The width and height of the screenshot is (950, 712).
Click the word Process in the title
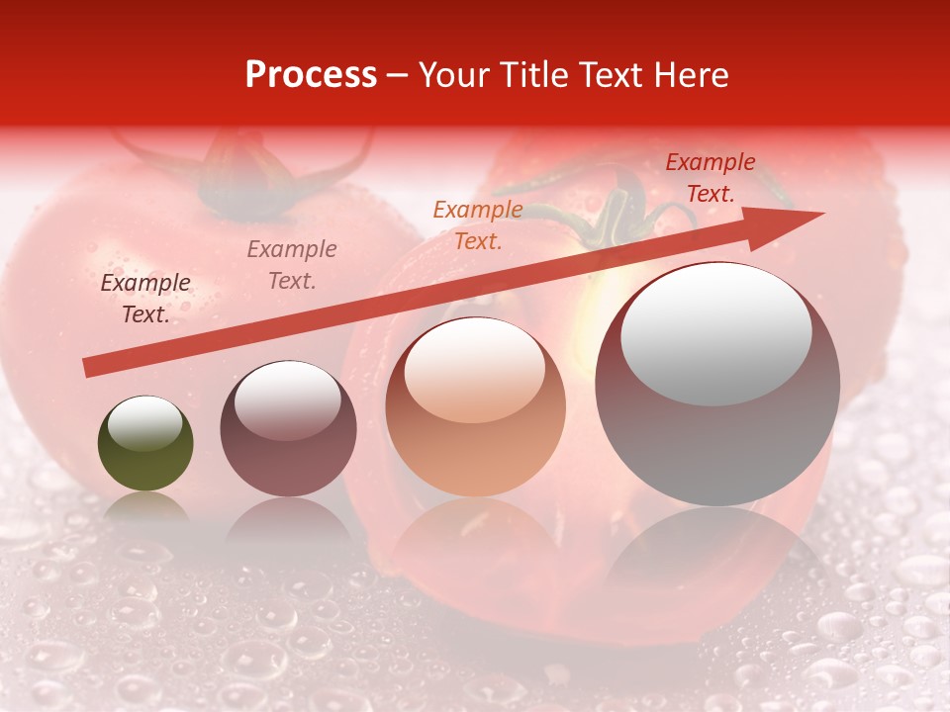coord(311,75)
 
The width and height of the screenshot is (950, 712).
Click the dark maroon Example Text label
coord(145,299)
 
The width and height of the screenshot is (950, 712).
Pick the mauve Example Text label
coord(292,265)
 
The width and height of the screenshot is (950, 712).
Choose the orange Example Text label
coord(478,225)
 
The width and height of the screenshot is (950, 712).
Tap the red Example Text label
coord(711,178)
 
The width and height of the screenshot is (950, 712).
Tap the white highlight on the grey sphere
coord(716,331)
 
